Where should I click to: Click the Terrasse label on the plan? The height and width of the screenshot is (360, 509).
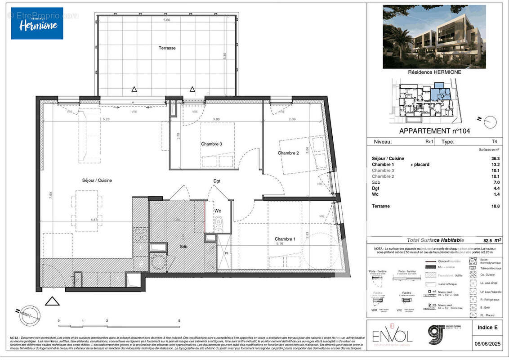pos(167,48)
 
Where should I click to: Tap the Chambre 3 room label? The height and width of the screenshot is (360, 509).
pos(211,144)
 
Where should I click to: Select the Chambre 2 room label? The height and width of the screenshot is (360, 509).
pos(288,153)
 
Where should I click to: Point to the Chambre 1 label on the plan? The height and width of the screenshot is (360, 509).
pos(285,239)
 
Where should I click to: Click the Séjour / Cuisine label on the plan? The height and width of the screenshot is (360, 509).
pos(97,180)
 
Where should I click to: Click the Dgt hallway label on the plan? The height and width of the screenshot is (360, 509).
pos(217,181)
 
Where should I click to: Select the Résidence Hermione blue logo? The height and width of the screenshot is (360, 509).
pos(37,23)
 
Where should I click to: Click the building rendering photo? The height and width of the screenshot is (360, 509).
pos(434,36)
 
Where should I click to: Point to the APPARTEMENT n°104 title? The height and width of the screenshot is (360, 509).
pos(434,131)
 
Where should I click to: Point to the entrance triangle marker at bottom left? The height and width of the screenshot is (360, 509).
pos(52,301)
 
